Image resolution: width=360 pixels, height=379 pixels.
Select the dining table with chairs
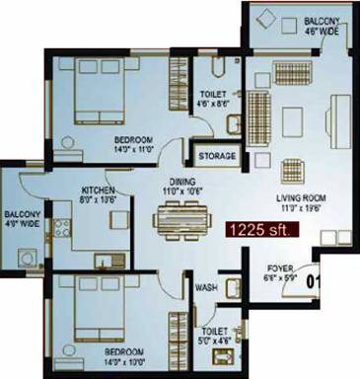pyautogui.click(x=183, y=215)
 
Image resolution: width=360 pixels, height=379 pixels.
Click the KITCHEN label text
pyautogui.click(x=102, y=189)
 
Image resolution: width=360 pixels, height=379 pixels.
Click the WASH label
pyautogui.click(x=206, y=287)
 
